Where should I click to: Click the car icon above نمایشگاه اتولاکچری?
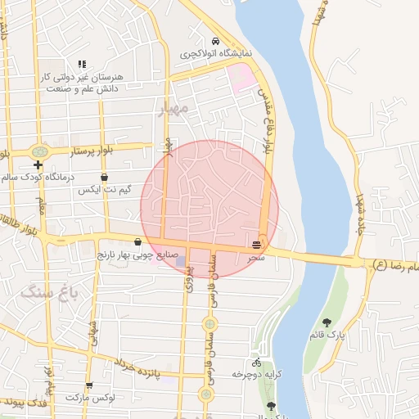point(215,41)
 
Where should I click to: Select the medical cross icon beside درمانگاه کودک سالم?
point(38,164)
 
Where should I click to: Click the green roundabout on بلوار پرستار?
point(38,151)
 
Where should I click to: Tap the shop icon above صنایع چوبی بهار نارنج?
point(137,241)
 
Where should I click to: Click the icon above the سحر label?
point(257,245)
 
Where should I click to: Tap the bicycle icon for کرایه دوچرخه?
point(256,362)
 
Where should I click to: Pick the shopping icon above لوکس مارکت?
point(88,385)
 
